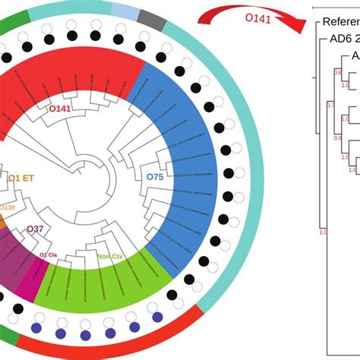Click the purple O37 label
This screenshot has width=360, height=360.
click(x=35, y=229)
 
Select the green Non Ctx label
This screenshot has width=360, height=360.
click(x=111, y=257)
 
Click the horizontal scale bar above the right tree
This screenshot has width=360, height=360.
click(x=334, y=5)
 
